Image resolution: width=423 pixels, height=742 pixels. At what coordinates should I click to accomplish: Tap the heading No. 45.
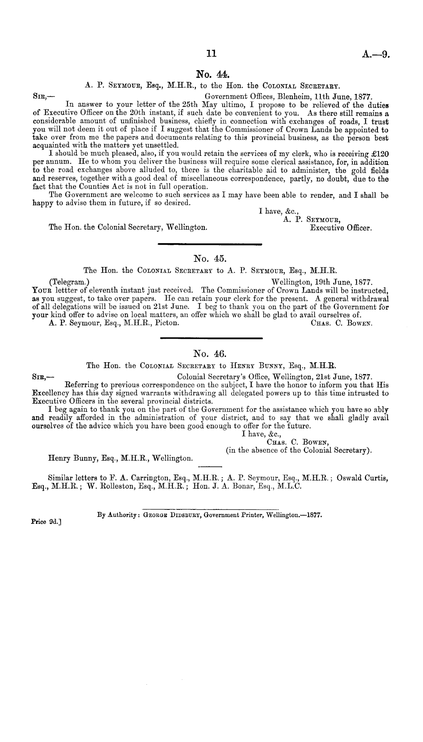[210, 259]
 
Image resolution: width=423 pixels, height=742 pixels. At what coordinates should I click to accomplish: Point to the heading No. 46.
[210, 354]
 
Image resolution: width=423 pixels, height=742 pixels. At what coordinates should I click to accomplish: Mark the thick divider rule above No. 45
[210, 244]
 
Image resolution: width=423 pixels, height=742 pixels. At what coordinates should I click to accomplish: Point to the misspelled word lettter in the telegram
[59, 291]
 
